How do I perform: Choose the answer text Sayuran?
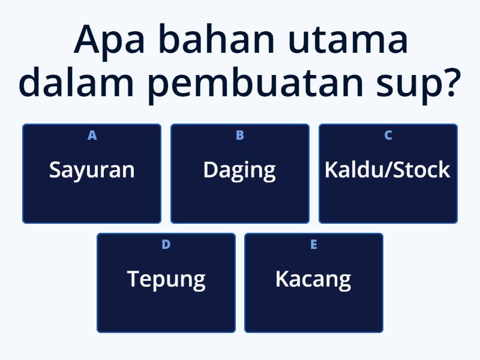(x=92, y=170)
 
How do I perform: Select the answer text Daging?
(x=239, y=170)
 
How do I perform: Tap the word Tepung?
(x=166, y=280)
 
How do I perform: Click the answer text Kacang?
(x=313, y=280)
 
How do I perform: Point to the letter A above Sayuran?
(x=92, y=136)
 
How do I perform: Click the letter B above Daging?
(x=239, y=136)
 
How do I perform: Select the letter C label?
(x=388, y=136)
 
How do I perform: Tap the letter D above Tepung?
(x=166, y=245)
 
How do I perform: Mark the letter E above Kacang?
(x=313, y=245)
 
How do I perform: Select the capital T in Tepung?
(x=133, y=279)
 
